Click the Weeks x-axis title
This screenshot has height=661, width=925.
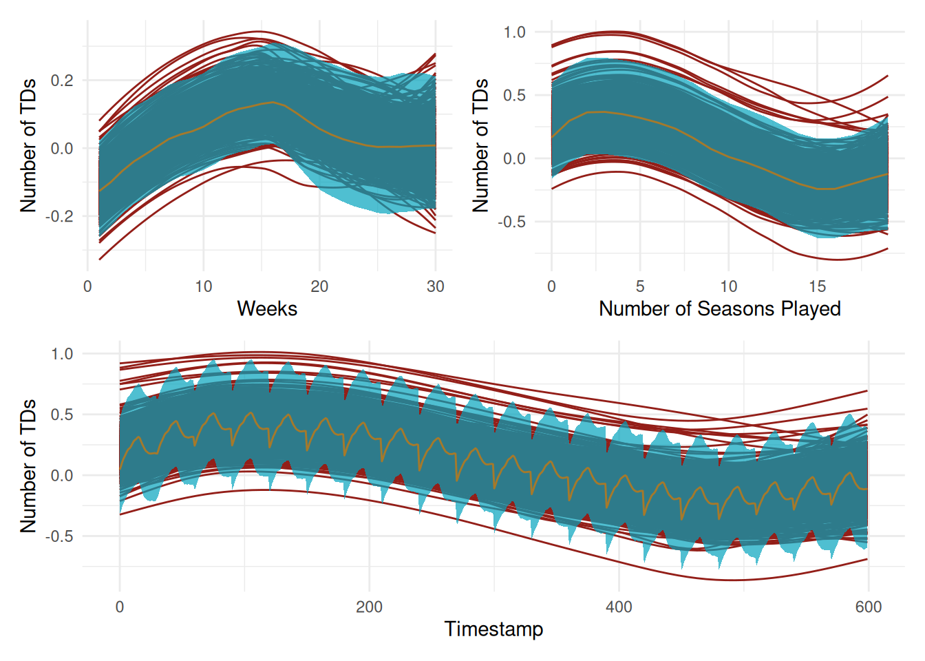coord(267,308)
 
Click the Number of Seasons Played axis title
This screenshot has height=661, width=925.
coord(719,308)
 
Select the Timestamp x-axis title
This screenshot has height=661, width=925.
coord(493,629)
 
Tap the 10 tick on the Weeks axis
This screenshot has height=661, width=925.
coord(204,286)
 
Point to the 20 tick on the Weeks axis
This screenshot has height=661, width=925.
coord(319,286)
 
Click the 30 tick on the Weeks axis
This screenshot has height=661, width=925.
coord(435,286)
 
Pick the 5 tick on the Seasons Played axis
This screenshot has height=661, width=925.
coord(640,286)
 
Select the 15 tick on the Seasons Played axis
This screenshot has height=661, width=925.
coord(817,286)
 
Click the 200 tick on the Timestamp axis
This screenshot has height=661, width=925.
coord(370,607)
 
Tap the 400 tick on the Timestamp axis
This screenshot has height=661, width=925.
coord(619,607)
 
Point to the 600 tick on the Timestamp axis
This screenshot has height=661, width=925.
coord(868,607)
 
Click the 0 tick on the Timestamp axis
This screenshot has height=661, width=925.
coord(120,607)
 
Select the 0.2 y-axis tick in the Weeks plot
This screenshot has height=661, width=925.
coord(62,81)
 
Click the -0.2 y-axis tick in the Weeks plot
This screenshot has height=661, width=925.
coord(59,216)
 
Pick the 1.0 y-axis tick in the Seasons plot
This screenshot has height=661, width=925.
coord(514,32)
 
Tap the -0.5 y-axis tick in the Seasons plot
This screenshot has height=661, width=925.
coord(511,222)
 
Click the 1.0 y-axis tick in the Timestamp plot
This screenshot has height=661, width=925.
coord(62,354)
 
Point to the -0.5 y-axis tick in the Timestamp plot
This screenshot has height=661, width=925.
coord(59,536)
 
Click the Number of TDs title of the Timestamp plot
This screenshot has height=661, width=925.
coord(28,466)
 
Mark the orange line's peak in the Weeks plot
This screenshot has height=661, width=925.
coord(273,102)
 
